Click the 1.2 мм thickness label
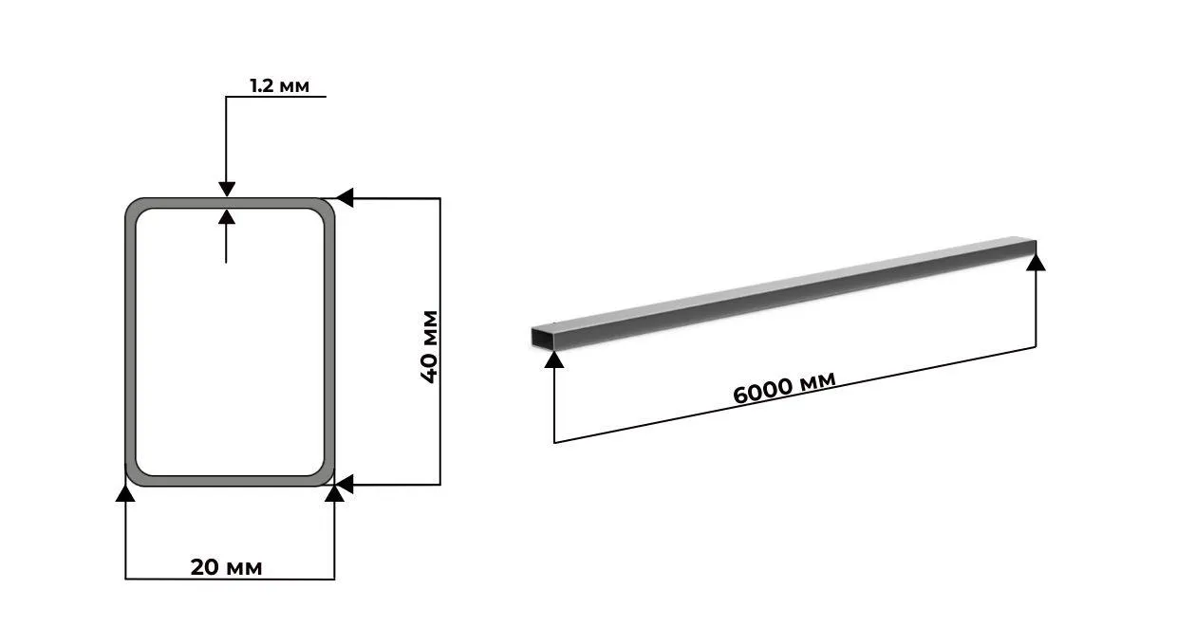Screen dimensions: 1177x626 coord(279,85)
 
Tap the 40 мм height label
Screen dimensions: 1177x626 coord(430,347)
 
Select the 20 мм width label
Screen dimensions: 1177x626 coord(227,567)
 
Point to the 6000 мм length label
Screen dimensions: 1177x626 coord(784,388)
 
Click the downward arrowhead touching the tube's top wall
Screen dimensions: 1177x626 coord(227,189)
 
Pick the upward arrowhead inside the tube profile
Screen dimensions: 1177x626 coord(227,217)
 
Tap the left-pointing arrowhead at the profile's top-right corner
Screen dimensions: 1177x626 coord(345,198)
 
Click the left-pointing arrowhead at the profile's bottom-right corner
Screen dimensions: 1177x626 coord(345,485)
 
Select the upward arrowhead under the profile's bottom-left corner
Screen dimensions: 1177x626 coord(125,493)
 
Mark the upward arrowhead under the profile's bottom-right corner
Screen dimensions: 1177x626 coord(334,493)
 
